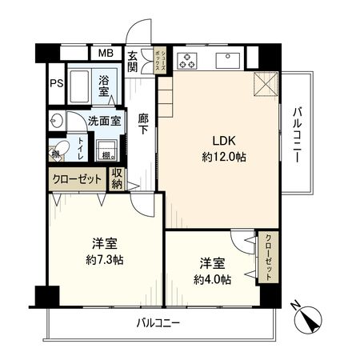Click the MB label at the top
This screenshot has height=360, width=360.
tap(106, 54)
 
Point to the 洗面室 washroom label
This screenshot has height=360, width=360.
tap(104, 122)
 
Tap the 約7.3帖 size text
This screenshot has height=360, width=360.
tap(105, 260)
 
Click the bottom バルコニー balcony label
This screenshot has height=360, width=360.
tap(157, 324)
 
